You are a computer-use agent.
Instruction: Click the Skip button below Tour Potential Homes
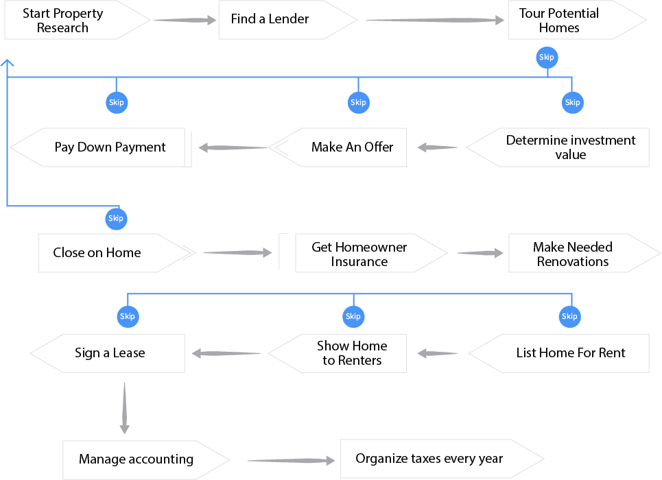pyautogui.click(x=546, y=58)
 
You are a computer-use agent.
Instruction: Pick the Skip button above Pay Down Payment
pyautogui.click(x=116, y=103)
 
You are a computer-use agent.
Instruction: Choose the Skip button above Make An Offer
pyautogui.click(x=358, y=103)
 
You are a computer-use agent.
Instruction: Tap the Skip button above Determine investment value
pyautogui.click(x=572, y=103)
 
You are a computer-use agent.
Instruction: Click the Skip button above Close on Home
pyautogui.click(x=116, y=219)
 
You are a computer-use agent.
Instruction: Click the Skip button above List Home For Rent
pyautogui.click(x=569, y=317)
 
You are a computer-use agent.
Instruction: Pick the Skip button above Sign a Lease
pyautogui.click(x=128, y=317)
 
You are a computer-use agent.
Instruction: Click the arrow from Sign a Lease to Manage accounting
pyautogui.click(x=124, y=408)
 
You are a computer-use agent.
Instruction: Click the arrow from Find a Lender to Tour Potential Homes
pyautogui.click(x=435, y=21)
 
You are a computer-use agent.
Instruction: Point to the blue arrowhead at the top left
pyautogui.click(x=8, y=63)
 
